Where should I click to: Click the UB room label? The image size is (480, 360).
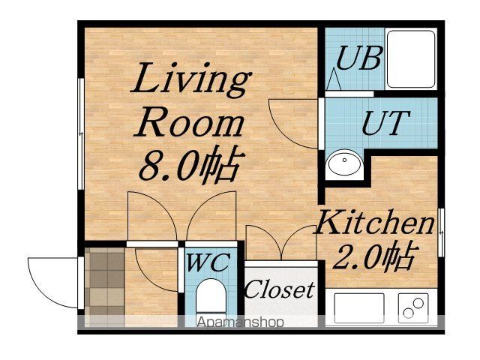pyautogui.click(x=359, y=58)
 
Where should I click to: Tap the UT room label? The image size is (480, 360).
pyautogui.click(x=385, y=123)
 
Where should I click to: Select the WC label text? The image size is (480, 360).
pyautogui.click(x=208, y=262)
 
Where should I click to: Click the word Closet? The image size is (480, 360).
pyautogui.click(x=280, y=289)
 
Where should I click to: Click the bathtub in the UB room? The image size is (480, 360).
pyautogui.click(x=411, y=58)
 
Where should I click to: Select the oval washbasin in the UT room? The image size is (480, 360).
pyautogui.click(x=344, y=163)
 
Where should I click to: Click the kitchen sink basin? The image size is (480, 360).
pyautogui.click(x=359, y=307)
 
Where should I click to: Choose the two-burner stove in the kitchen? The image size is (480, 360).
pyautogui.click(x=413, y=307)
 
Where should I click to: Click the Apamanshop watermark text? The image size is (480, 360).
pyautogui.click(x=240, y=322)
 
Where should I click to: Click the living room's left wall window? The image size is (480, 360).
pyautogui.click(x=81, y=133)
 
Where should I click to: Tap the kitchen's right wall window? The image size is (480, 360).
pyautogui.click(x=441, y=232)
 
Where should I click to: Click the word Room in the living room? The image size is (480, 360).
pyautogui.click(x=189, y=124)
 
